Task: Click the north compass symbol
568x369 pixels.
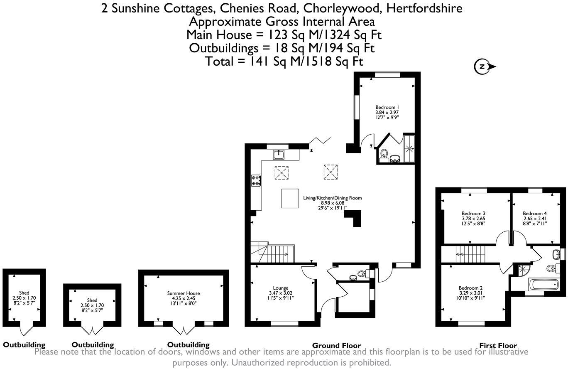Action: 483,66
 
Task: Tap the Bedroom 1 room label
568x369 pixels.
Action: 387,107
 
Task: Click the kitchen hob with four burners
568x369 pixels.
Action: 256,180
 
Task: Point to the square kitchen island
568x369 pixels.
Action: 290,198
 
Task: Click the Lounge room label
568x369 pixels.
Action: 281,288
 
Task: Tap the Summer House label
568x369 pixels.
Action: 183,293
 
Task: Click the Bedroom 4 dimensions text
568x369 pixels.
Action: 535,224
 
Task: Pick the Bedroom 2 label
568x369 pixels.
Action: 470,288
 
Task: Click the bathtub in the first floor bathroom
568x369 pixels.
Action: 543,285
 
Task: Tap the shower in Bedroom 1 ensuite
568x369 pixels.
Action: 409,148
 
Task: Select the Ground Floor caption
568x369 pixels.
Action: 336,345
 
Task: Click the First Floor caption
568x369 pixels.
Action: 498,345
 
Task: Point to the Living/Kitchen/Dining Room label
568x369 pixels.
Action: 332,198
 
